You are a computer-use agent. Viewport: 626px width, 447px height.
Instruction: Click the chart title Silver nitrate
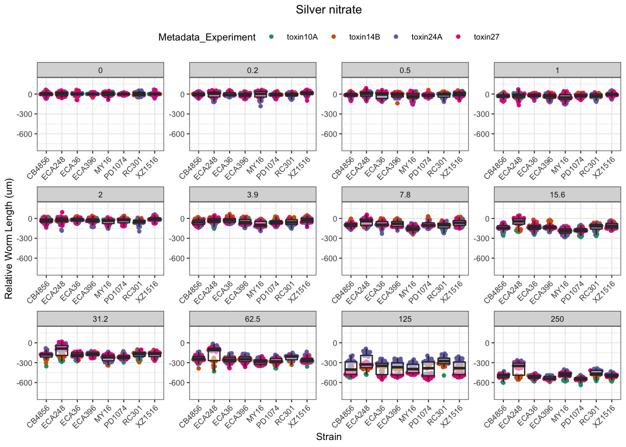tap(328, 10)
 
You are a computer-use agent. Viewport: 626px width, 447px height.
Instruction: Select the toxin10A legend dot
tap(272, 37)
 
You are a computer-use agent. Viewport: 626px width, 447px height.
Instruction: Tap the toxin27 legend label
tap(486, 37)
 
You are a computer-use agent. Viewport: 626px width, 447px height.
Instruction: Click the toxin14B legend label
tap(364, 37)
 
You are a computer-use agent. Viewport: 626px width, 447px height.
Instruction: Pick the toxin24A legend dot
tap(396, 37)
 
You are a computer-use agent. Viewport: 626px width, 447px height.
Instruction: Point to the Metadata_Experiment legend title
tap(207, 37)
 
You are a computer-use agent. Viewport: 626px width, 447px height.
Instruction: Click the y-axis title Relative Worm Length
tap(9, 239)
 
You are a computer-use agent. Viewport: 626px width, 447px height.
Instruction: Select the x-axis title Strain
tap(328, 437)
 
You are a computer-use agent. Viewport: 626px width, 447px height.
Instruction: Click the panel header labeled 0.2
tap(252, 70)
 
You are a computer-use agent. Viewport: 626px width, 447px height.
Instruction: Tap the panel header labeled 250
tap(557, 319)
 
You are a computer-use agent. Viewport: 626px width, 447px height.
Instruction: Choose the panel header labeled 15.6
tap(557, 195)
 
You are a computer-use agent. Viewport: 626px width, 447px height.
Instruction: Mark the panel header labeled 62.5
tap(252, 319)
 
